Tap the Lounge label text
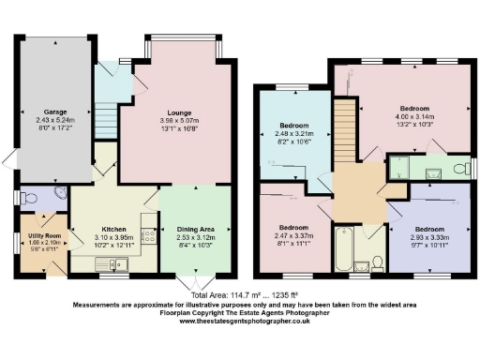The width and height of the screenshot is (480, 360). point(180,112)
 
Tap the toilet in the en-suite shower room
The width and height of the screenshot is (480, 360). point(457,169)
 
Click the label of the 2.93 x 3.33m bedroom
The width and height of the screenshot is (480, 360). point(428,230)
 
